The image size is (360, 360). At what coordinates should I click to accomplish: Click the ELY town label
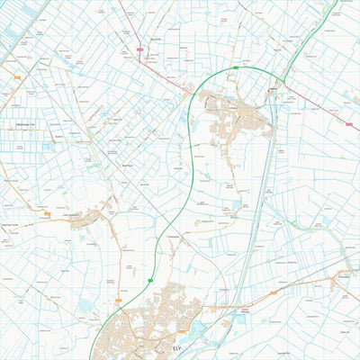[x=175, y=346]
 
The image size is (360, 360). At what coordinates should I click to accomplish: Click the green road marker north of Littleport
[x=236, y=67]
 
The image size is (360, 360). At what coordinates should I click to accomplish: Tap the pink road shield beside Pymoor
[x=139, y=49]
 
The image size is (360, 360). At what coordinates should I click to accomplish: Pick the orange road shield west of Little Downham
[x=47, y=213]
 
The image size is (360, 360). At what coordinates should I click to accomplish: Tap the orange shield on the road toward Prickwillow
[x=270, y=294]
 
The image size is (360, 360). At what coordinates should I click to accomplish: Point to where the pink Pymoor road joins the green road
[x=192, y=91]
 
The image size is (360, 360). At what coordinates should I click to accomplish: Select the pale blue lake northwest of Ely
[x=86, y=306]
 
